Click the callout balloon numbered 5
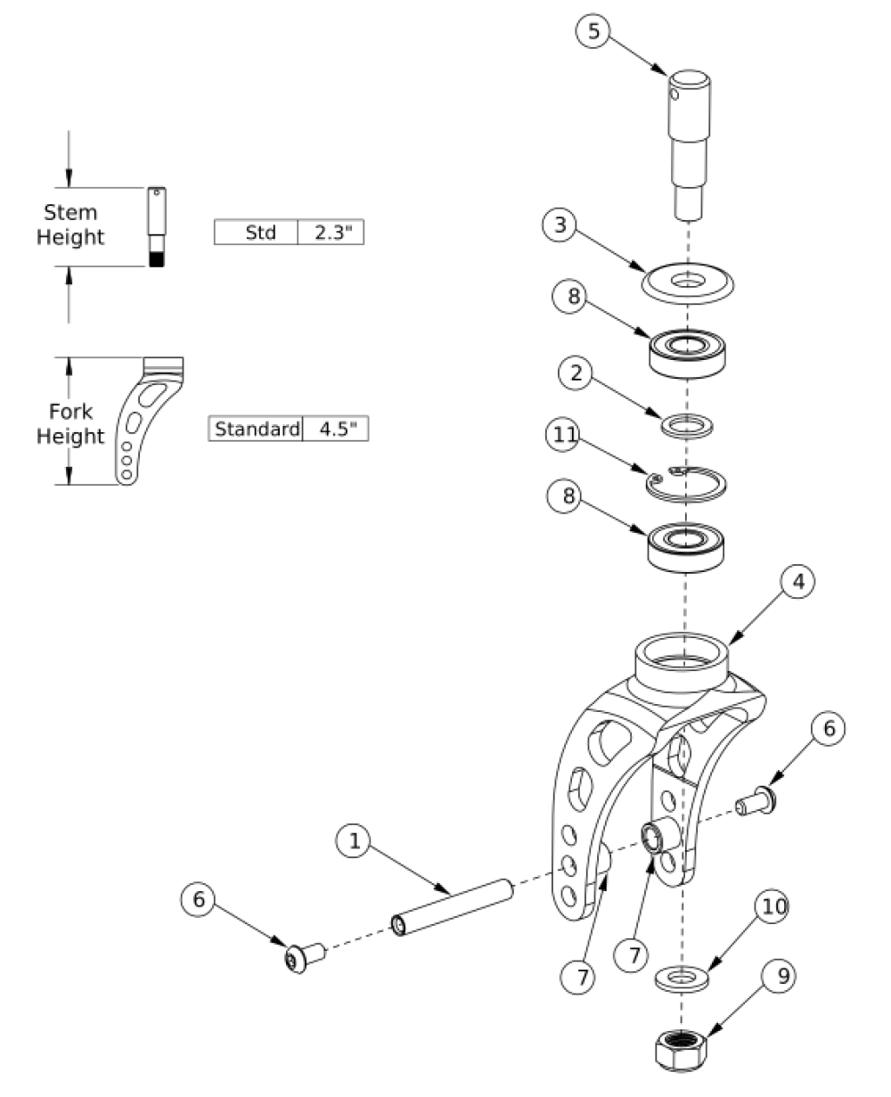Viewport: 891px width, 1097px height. point(593,31)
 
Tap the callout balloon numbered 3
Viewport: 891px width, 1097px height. point(560,225)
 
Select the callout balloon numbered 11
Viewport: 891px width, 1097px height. point(562,435)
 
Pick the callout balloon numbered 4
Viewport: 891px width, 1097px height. point(797,582)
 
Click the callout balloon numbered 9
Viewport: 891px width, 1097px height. point(778,976)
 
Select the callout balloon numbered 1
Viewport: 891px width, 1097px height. point(353,840)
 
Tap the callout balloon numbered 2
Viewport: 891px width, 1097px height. point(576,372)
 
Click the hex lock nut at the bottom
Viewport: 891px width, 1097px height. point(681,1050)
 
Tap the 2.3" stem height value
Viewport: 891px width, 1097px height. point(331,233)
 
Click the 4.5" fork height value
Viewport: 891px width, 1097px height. point(336,429)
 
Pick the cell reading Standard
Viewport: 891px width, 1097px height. point(256,429)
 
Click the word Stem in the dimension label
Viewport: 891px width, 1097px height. point(70,213)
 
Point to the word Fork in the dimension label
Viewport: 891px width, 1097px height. point(70,412)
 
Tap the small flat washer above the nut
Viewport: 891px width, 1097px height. point(682,978)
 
